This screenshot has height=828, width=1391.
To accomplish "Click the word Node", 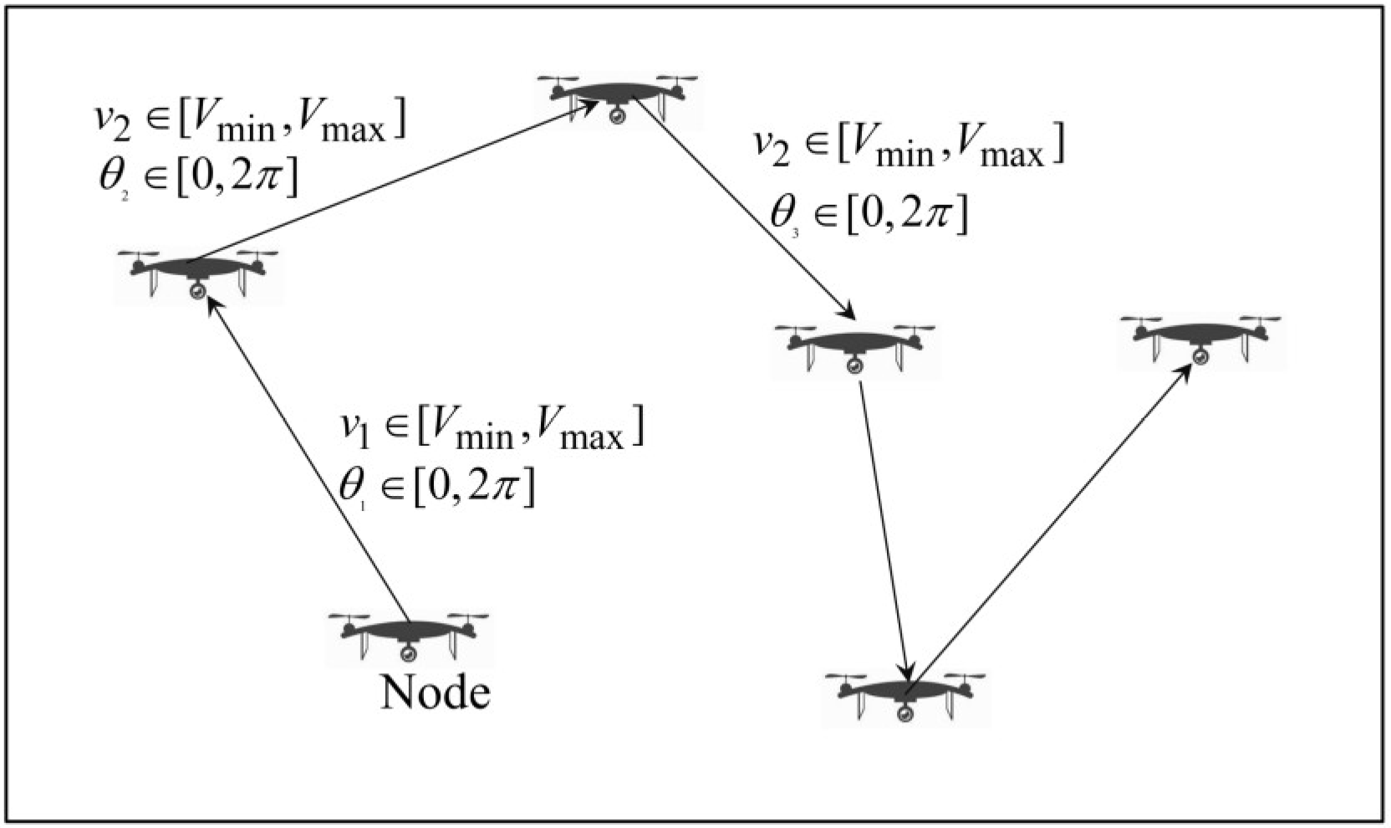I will click(435, 693).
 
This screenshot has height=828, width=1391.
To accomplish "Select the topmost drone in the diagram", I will click(618, 96).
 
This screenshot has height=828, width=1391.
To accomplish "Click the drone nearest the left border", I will click(198, 271).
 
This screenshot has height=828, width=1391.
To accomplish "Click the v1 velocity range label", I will click(492, 429).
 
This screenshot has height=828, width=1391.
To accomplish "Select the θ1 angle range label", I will click(436, 486).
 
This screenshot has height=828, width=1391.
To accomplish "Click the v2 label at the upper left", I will click(249, 122).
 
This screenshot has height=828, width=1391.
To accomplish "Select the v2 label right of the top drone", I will click(908, 148).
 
